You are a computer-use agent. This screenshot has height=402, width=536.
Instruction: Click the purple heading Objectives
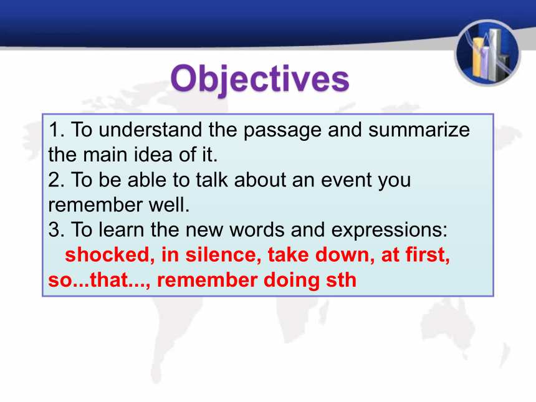(260, 79)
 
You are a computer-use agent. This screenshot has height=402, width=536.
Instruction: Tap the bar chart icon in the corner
(487, 53)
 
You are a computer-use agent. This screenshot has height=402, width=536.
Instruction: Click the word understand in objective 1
(150, 130)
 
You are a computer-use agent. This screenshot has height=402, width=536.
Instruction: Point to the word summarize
(419, 130)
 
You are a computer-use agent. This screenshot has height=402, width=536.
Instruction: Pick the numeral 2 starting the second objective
(54, 179)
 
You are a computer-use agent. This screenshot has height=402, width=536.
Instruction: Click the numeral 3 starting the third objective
(54, 230)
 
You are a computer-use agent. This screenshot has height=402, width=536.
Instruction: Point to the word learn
(122, 230)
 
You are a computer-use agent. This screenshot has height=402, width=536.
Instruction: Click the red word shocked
(107, 255)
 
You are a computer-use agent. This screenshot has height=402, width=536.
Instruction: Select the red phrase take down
(318, 255)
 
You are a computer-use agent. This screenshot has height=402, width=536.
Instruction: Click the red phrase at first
(413, 255)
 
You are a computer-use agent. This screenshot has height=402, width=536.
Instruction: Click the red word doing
(292, 280)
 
